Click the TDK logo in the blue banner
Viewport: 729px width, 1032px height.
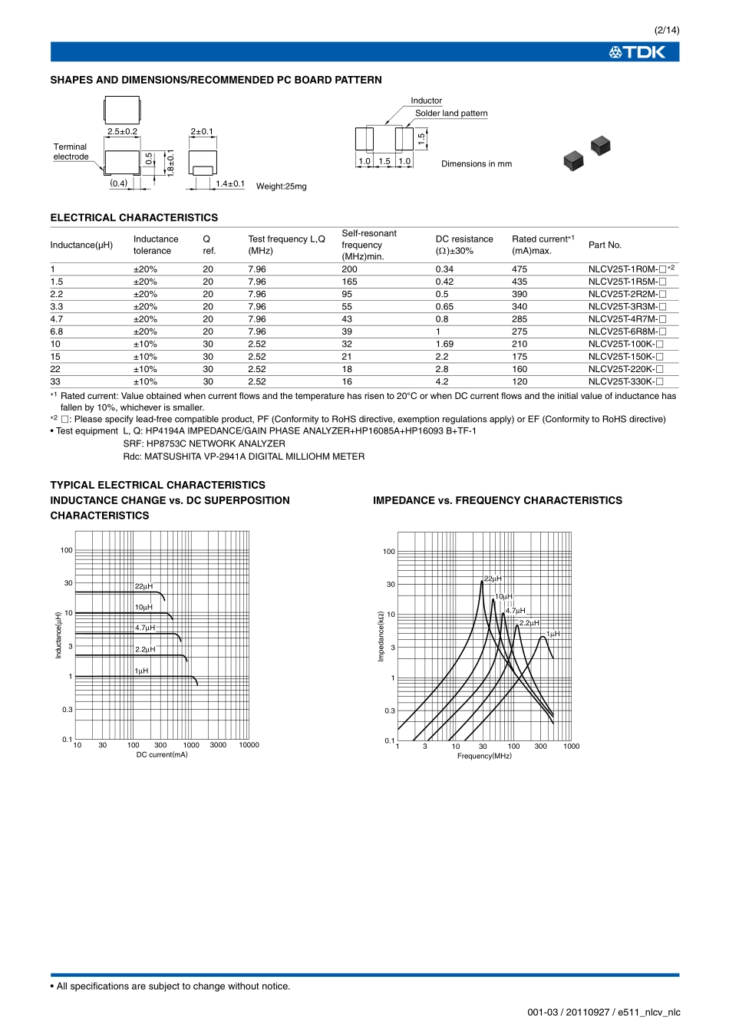click(x=637, y=52)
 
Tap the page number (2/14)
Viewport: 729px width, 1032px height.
click(x=666, y=30)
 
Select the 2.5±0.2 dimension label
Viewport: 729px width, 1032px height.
click(x=122, y=132)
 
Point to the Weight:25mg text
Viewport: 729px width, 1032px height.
click(x=281, y=186)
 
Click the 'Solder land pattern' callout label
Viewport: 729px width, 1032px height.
click(x=451, y=114)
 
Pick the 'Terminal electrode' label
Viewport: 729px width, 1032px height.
click(x=71, y=152)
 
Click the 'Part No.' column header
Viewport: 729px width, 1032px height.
click(x=605, y=246)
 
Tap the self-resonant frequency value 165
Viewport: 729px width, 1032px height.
click(x=349, y=282)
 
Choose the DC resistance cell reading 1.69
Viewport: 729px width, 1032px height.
click(x=444, y=345)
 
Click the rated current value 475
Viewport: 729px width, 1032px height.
click(x=520, y=269)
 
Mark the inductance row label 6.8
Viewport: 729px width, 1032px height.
click(x=57, y=332)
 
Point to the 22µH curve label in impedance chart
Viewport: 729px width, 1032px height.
click(x=493, y=579)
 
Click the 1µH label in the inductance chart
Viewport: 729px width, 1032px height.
click(x=141, y=671)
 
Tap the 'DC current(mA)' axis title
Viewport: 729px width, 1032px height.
click(x=162, y=755)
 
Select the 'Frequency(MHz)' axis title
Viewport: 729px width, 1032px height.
click(x=484, y=757)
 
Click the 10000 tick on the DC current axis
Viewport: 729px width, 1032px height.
click(x=249, y=745)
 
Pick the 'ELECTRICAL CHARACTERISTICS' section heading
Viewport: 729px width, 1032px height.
click(x=134, y=218)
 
